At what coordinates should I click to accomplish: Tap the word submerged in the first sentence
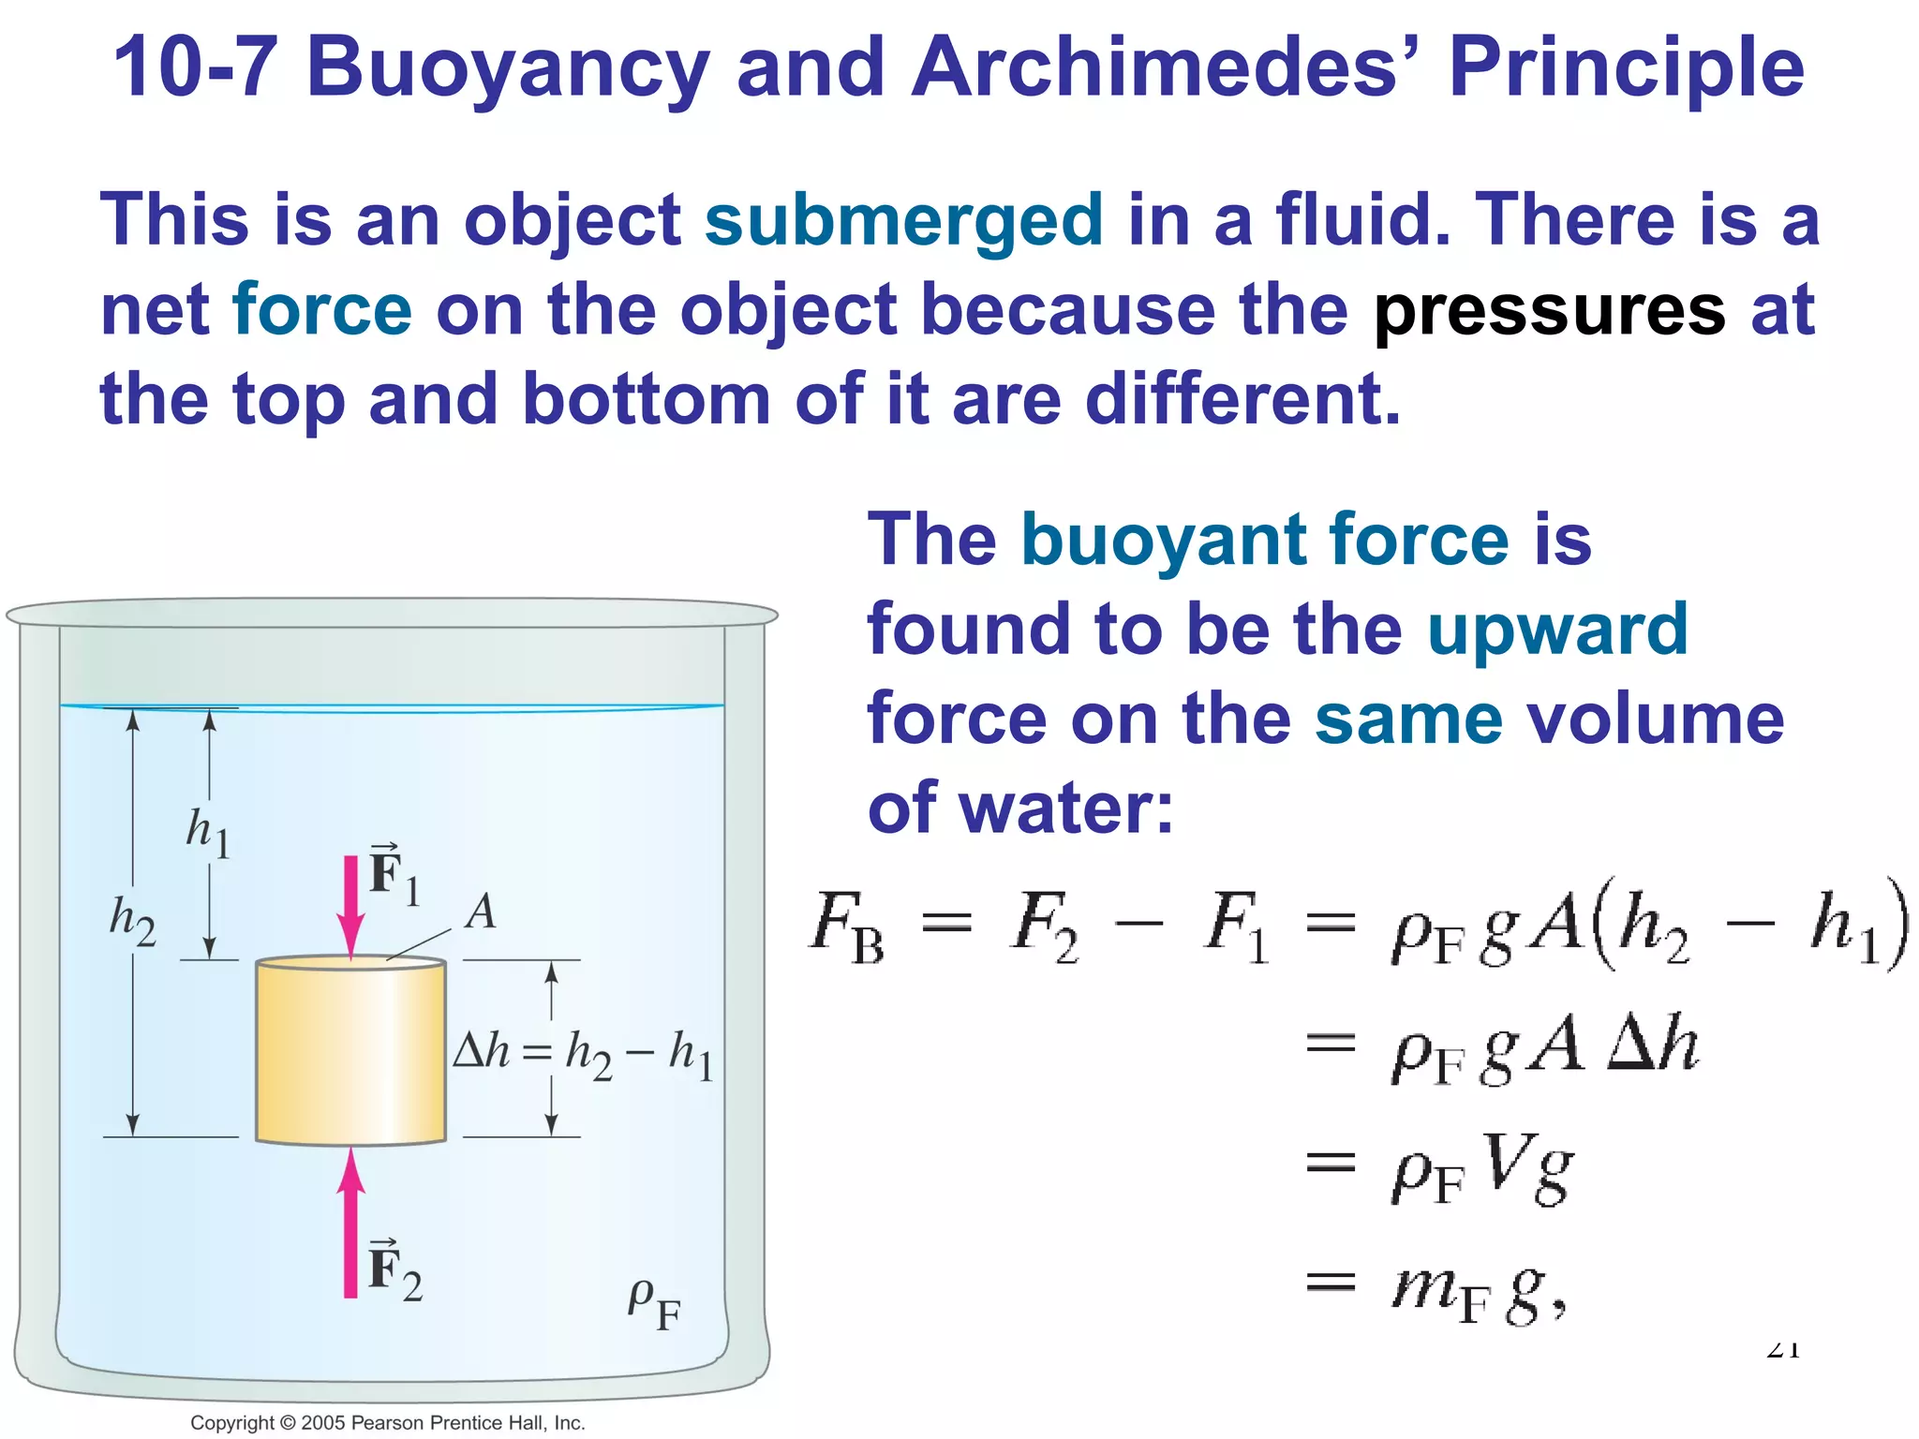click(x=903, y=221)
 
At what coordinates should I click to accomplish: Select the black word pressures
click(x=1548, y=311)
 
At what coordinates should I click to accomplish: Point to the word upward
click(x=1556, y=630)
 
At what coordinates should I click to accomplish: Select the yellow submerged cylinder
click(x=350, y=1051)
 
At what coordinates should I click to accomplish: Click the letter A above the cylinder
click(x=482, y=911)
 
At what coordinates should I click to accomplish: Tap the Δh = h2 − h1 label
click(x=583, y=1054)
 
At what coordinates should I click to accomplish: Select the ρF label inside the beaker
click(x=653, y=1303)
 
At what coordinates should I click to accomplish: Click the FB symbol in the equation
click(x=847, y=927)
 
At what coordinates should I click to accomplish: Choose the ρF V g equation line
click(x=1480, y=1169)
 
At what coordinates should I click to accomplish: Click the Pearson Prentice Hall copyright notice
click(x=387, y=1422)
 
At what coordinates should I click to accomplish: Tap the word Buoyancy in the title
click(x=507, y=67)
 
